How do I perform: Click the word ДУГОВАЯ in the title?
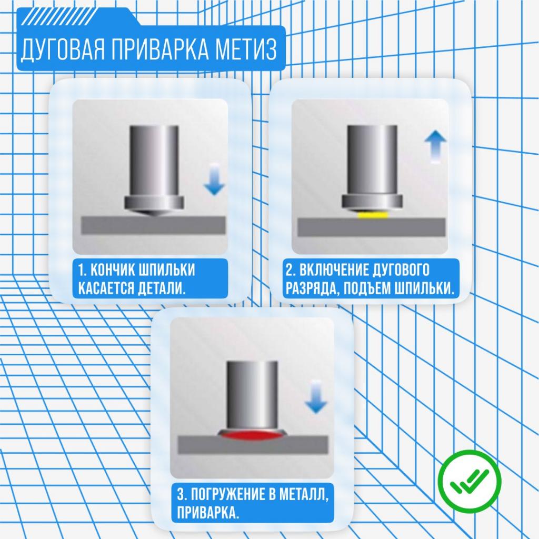(x=63, y=49)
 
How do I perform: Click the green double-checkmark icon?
(x=471, y=481)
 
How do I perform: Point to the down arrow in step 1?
(x=214, y=179)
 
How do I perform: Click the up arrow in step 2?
(x=435, y=147)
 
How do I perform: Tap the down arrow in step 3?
(x=316, y=397)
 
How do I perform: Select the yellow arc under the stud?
(x=373, y=215)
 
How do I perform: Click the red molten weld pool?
(x=253, y=435)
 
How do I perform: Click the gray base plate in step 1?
(x=153, y=225)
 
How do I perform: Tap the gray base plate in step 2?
(x=371, y=227)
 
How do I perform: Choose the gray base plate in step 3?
(x=253, y=445)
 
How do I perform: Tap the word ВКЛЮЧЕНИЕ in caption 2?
(x=330, y=270)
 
